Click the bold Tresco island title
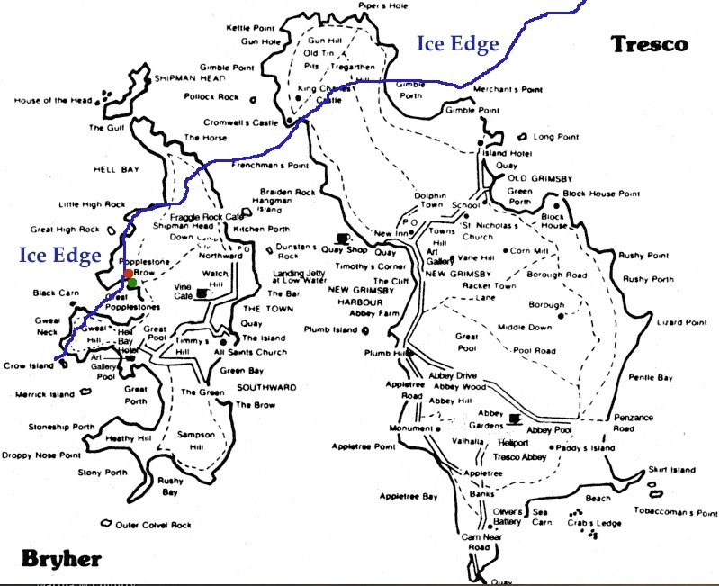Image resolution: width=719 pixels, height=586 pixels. tap(648, 43)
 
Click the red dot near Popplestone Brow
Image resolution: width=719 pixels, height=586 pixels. tap(129, 273)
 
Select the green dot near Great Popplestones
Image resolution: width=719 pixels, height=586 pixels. tap(132, 284)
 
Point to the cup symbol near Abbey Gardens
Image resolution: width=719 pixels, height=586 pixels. tap(514, 417)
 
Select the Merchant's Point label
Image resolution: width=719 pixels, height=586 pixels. tap(508, 89)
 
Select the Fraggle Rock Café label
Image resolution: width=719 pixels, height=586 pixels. tap(207, 218)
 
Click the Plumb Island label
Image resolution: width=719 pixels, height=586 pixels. tap(330, 330)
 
